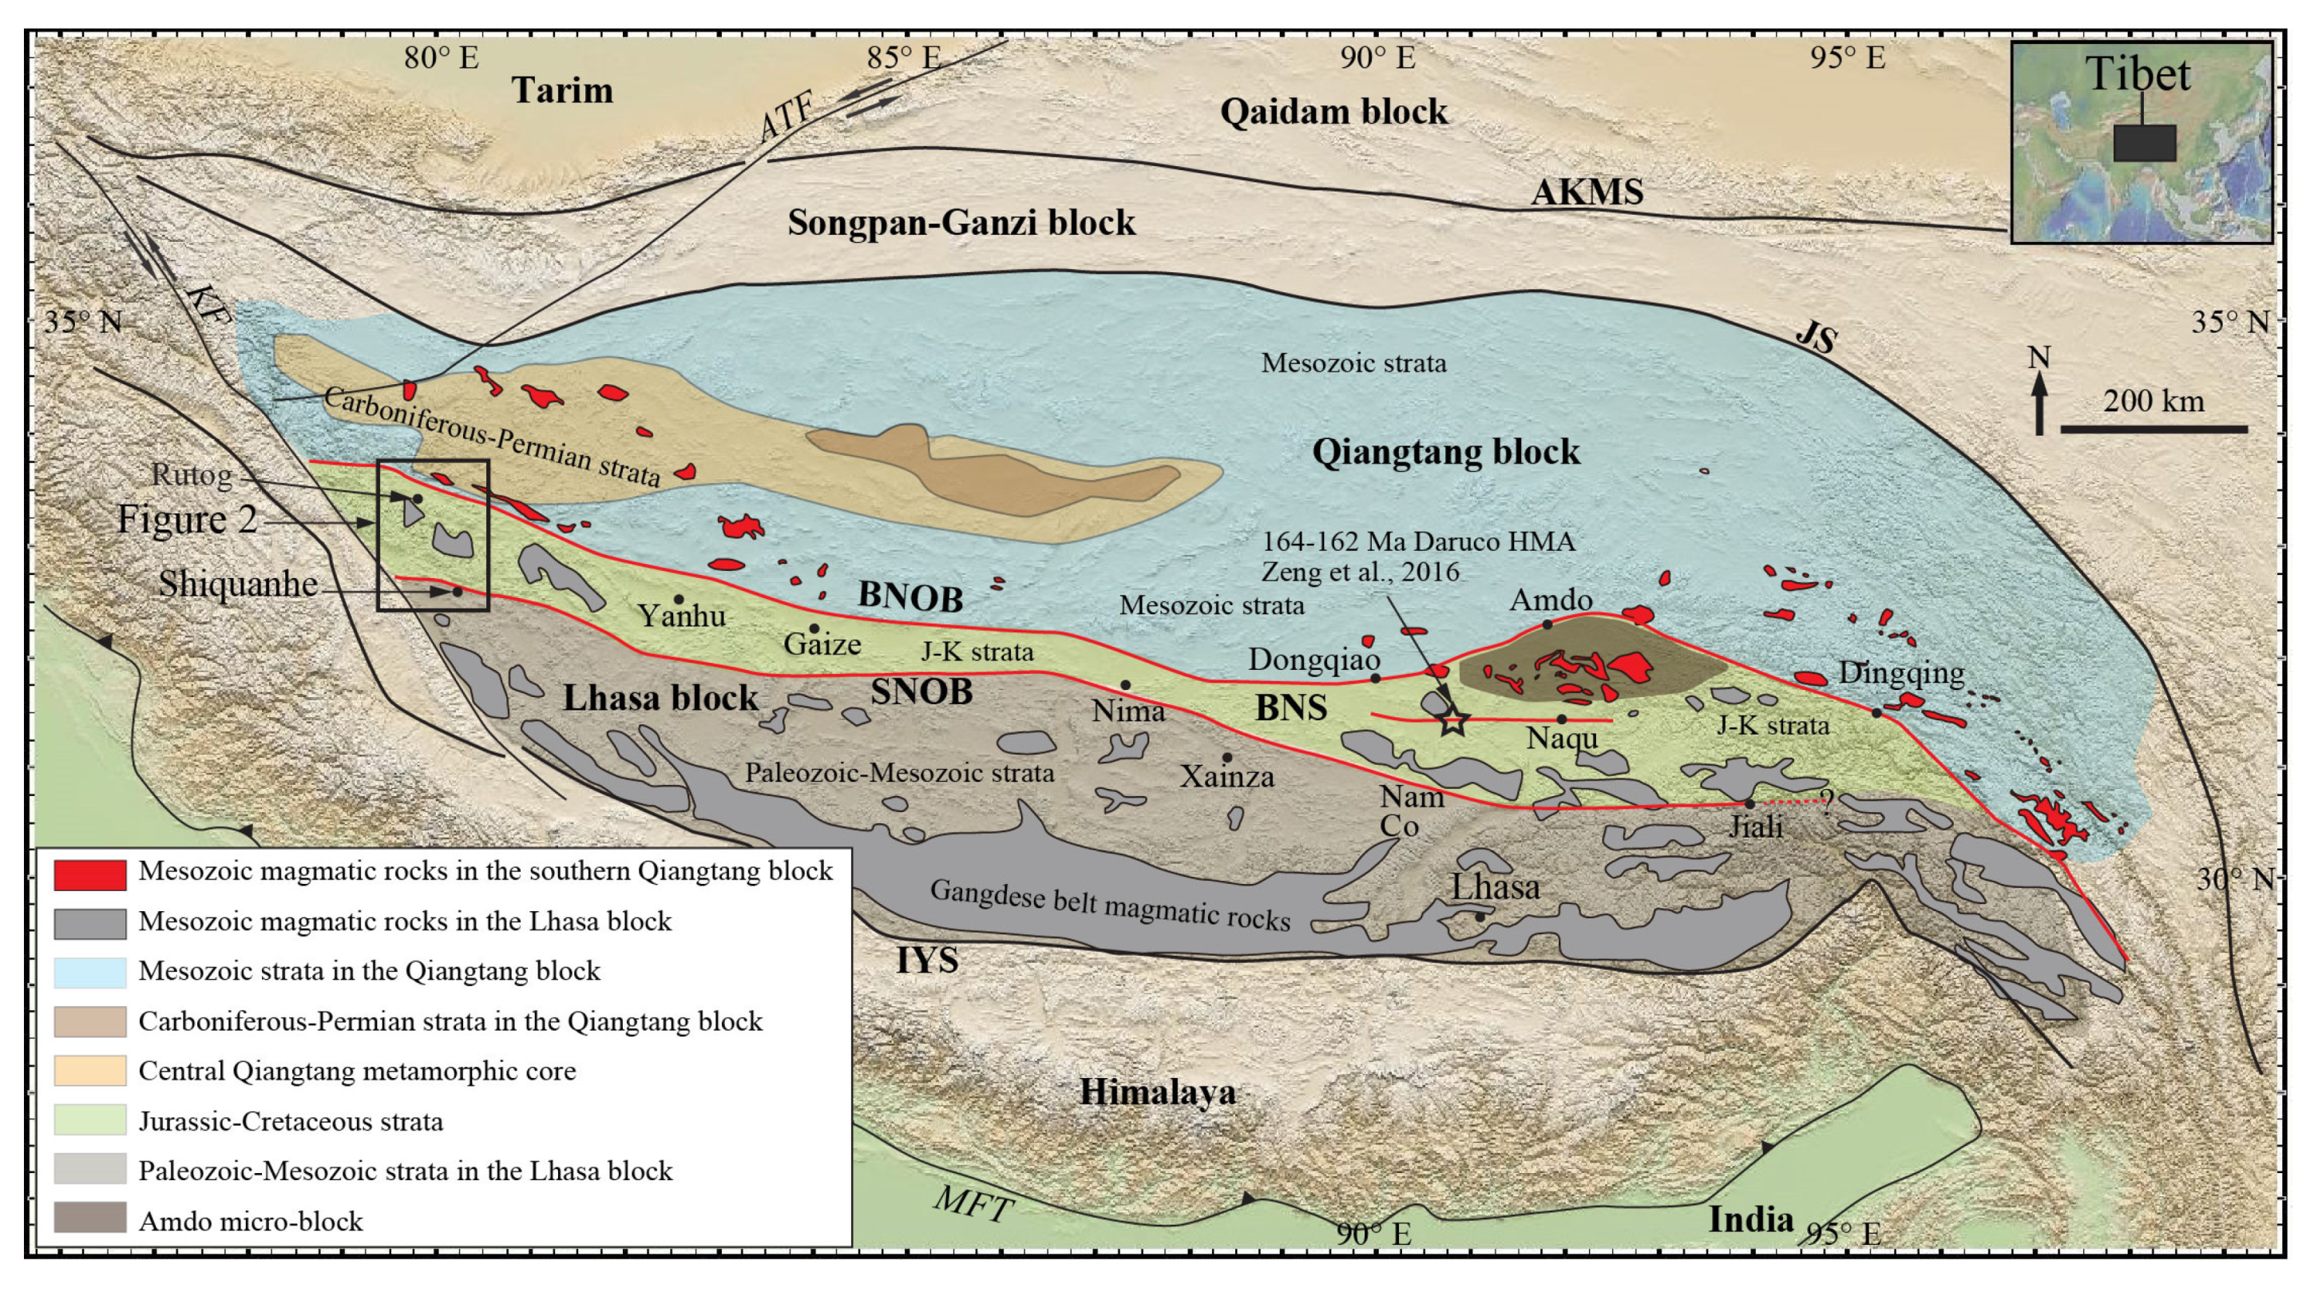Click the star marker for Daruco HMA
pyautogui.click(x=1453, y=720)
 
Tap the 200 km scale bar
pyautogui.click(x=2154, y=430)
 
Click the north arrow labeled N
pyautogui.click(x=2039, y=399)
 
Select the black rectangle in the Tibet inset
pyautogui.click(x=2144, y=143)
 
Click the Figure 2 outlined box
pyautogui.click(x=433, y=536)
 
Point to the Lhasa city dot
pyautogui.click(x=1480, y=917)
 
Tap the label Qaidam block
pyautogui.click(x=1333, y=113)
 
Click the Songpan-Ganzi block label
pyautogui.click(x=961, y=222)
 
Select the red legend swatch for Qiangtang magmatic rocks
pyautogui.click(x=89, y=874)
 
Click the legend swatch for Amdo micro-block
pyautogui.click(x=89, y=1219)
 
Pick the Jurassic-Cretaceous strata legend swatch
pyautogui.click(x=89, y=1120)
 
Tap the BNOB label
pyautogui.click(x=910, y=596)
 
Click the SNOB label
pyautogui.click(x=921, y=692)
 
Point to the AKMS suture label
pyautogui.click(x=1587, y=192)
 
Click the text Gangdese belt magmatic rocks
pyautogui.click(x=1110, y=904)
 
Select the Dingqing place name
pyautogui.click(x=1900, y=672)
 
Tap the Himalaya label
pyautogui.click(x=1157, y=1092)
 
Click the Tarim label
pyautogui.click(x=562, y=90)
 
